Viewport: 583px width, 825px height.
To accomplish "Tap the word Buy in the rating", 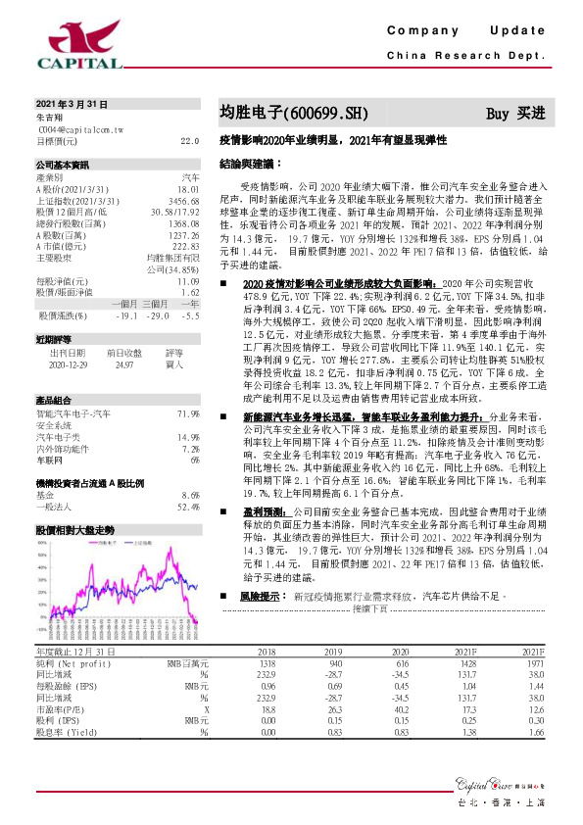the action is coord(498,114).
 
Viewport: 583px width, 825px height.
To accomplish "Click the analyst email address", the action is coord(80,128).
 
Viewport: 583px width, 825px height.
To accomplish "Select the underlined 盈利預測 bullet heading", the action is coord(267,511).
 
